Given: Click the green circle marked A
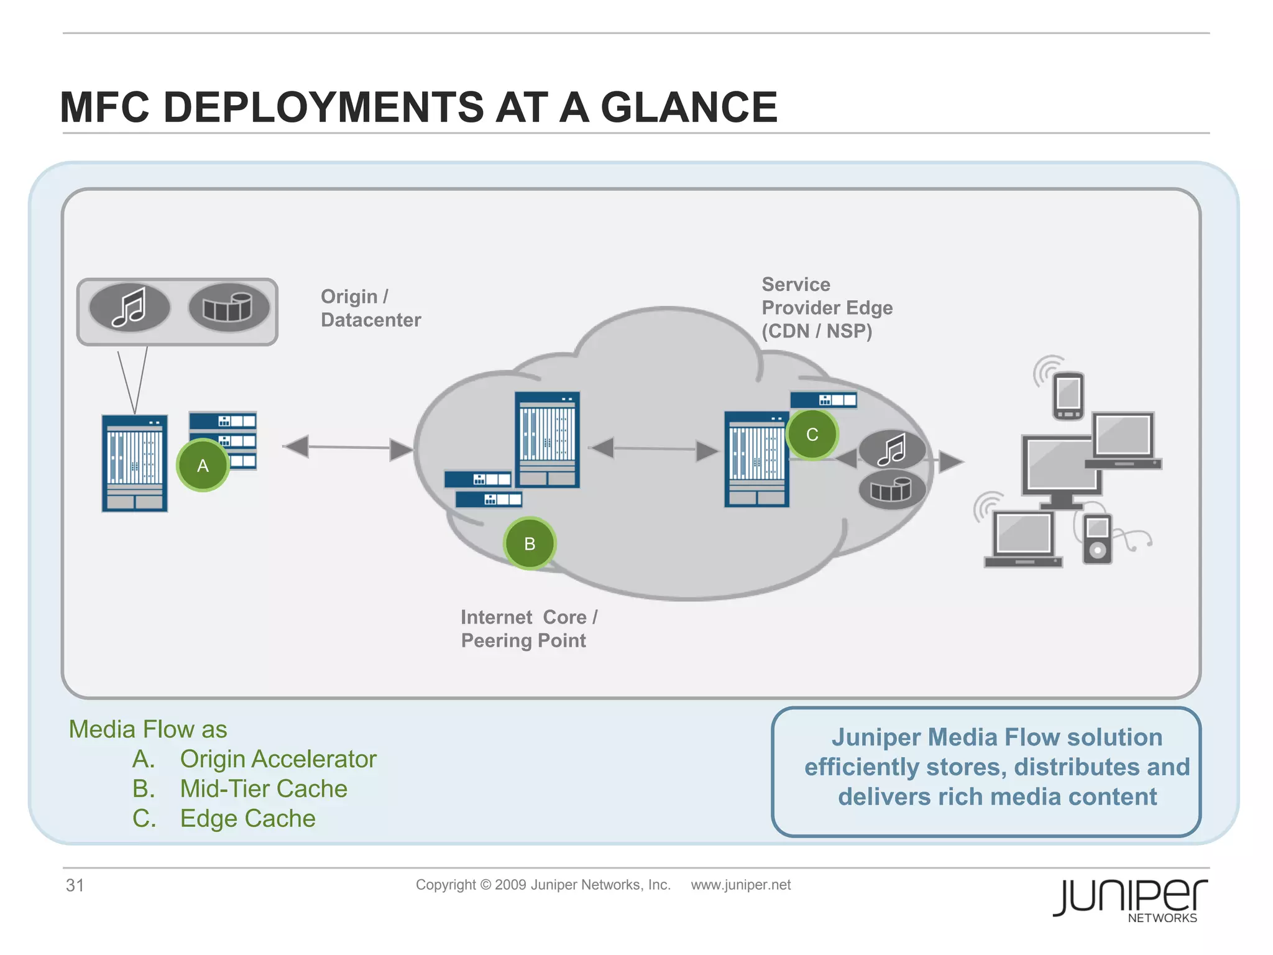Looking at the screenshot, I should [203, 466].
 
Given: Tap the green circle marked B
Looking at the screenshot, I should [530, 544].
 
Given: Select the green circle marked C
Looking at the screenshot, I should [812, 435].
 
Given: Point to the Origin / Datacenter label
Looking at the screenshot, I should [370, 308].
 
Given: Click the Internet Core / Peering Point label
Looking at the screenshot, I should [528, 629].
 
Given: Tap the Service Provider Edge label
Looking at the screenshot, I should [827, 308].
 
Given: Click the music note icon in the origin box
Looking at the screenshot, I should [129, 307].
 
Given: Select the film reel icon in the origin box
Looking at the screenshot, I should [229, 307].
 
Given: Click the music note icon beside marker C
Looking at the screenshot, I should [892, 450].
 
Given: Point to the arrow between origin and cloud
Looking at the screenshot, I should [348, 447].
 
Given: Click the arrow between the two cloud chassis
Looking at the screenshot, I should [655, 449].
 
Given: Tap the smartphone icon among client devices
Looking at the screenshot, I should [1068, 395].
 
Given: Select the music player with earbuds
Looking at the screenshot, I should [1098, 538].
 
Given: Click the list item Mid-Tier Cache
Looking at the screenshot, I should [264, 789].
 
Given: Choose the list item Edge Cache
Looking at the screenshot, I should [247, 819].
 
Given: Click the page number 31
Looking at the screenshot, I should [75, 885].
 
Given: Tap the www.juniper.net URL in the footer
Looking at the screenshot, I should [740, 885].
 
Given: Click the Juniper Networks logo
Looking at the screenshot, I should [1130, 899].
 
